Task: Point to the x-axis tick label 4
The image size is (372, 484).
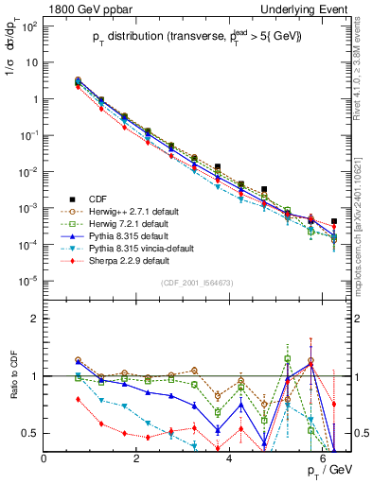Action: (x=230, y=458)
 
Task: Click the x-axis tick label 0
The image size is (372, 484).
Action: (x=44, y=458)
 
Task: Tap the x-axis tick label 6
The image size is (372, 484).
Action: (x=323, y=458)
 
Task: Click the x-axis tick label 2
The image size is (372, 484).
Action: (x=137, y=458)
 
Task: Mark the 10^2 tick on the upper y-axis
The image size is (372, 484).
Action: (x=28, y=26)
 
